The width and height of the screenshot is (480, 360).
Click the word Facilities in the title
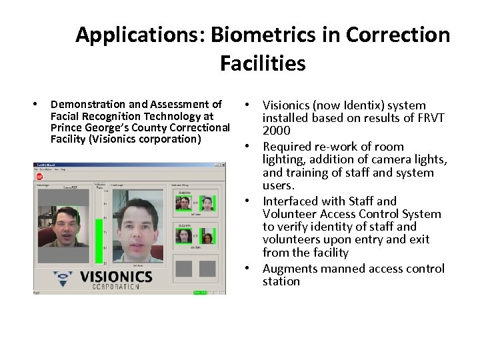pyautogui.click(x=262, y=63)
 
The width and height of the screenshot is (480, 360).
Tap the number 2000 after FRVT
pyautogui.click(x=276, y=131)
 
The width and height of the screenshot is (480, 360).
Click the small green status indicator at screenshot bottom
pyautogui.click(x=198, y=292)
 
